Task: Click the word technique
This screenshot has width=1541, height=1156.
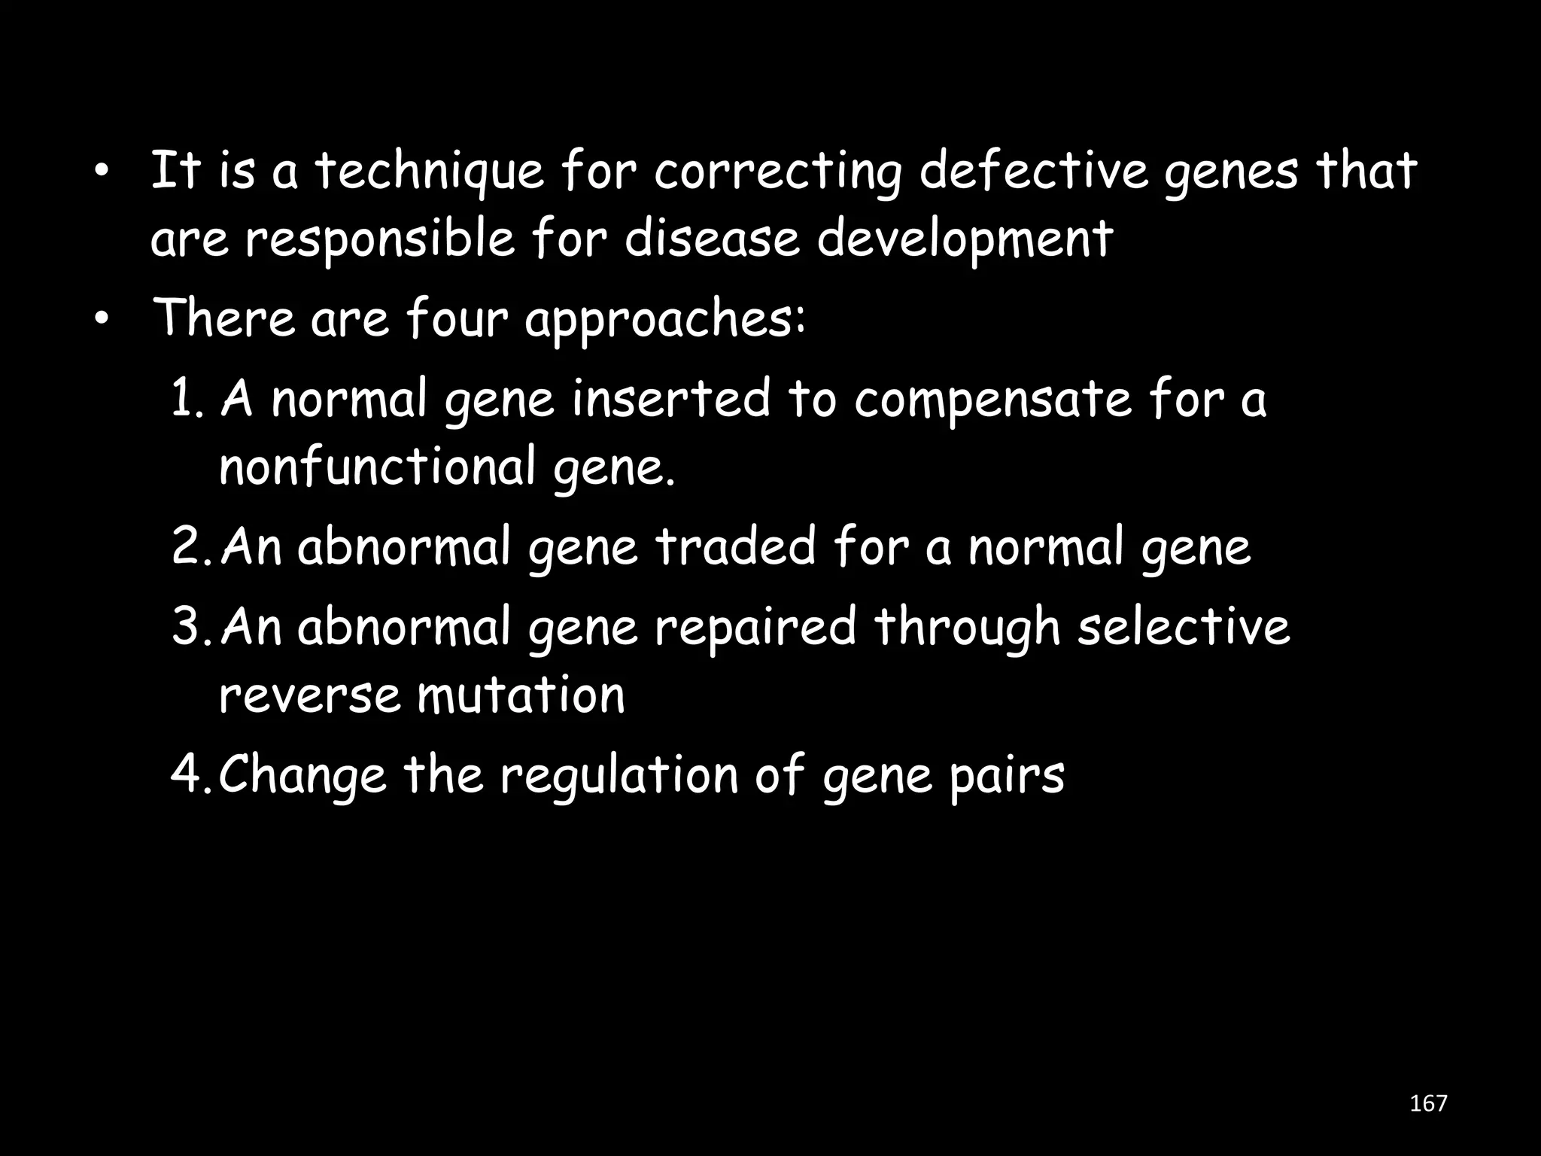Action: (429, 172)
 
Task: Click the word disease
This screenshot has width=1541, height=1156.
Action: (712, 239)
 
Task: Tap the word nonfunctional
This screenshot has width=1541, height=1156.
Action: (377, 467)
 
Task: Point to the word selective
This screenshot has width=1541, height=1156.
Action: (1183, 627)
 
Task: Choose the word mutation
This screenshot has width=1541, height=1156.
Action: (521, 695)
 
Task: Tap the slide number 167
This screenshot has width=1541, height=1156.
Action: (1428, 1103)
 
